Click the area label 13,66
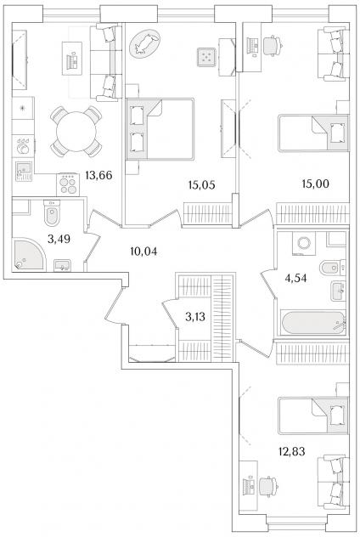click(98, 175)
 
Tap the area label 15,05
click(201, 185)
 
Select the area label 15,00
click(315, 184)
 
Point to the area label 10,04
click(143, 252)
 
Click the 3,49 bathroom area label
click(59, 239)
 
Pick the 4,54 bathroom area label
click(295, 278)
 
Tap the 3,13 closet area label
click(195, 317)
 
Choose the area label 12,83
click(291, 451)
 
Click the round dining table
click(76, 132)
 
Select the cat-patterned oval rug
click(144, 43)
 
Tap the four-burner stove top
click(68, 184)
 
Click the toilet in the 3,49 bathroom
click(52, 212)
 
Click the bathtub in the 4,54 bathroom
click(312, 323)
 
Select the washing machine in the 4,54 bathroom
click(303, 243)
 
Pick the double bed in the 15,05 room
click(160, 129)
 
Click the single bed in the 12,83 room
click(313, 415)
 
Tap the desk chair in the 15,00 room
click(273, 45)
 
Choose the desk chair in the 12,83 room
click(267, 486)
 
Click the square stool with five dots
click(206, 57)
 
